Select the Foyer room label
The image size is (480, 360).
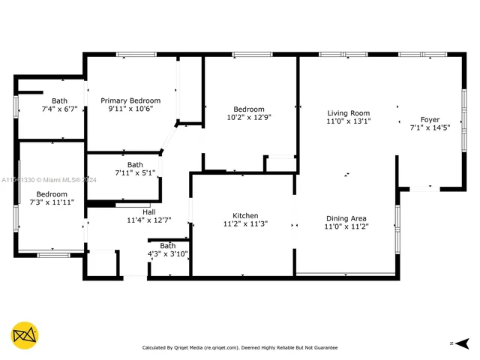(x=430, y=119)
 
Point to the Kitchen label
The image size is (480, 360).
(x=245, y=214)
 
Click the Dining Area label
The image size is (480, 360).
(x=345, y=218)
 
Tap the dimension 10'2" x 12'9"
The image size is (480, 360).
(x=249, y=117)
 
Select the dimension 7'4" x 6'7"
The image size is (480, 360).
(x=59, y=109)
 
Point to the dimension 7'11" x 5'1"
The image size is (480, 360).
(x=135, y=173)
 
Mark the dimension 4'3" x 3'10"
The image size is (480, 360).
(x=168, y=253)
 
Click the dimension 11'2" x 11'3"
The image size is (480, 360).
(x=245, y=223)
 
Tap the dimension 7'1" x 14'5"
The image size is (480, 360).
(x=430, y=128)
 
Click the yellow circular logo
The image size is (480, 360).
(x=25, y=335)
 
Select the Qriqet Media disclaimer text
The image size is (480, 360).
(x=240, y=347)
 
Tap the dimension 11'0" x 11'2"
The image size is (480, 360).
(x=345, y=226)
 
